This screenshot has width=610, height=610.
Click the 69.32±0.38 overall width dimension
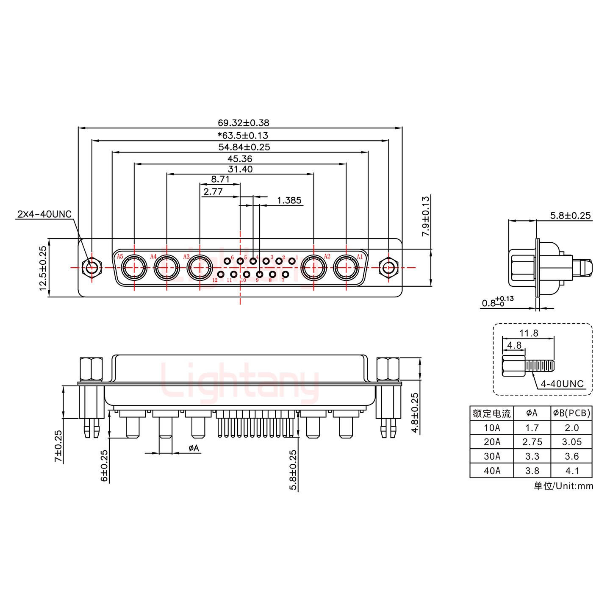pyautogui.click(x=243, y=123)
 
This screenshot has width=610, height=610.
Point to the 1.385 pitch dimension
pyautogui.click(x=289, y=200)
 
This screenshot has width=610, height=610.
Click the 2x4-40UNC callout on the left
pyautogui.click(x=44, y=214)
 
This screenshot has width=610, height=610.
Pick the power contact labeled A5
pyautogui.click(x=134, y=268)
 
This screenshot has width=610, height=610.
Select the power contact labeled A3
pyautogui.click(x=199, y=268)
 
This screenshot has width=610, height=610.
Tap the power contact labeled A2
pyautogui.click(x=314, y=268)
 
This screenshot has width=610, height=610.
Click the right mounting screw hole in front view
pyautogui.click(x=388, y=268)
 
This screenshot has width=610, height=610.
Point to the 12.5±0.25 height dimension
pyautogui.click(x=43, y=268)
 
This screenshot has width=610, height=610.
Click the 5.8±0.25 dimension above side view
pyautogui.click(x=570, y=216)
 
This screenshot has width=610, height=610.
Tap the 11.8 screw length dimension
pyautogui.click(x=529, y=333)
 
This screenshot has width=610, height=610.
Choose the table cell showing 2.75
pyautogui.click(x=532, y=442)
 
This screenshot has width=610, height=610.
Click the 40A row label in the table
pyautogui.click(x=491, y=471)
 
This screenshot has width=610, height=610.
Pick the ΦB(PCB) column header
pyautogui.click(x=571, y=413)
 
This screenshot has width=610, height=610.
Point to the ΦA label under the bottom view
pyautogui.click(x=193, y=448)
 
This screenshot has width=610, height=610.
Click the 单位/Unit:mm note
pyautogui.click(x=563, y=486)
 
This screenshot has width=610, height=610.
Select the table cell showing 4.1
pyautogui.click(x=571, y=471)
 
